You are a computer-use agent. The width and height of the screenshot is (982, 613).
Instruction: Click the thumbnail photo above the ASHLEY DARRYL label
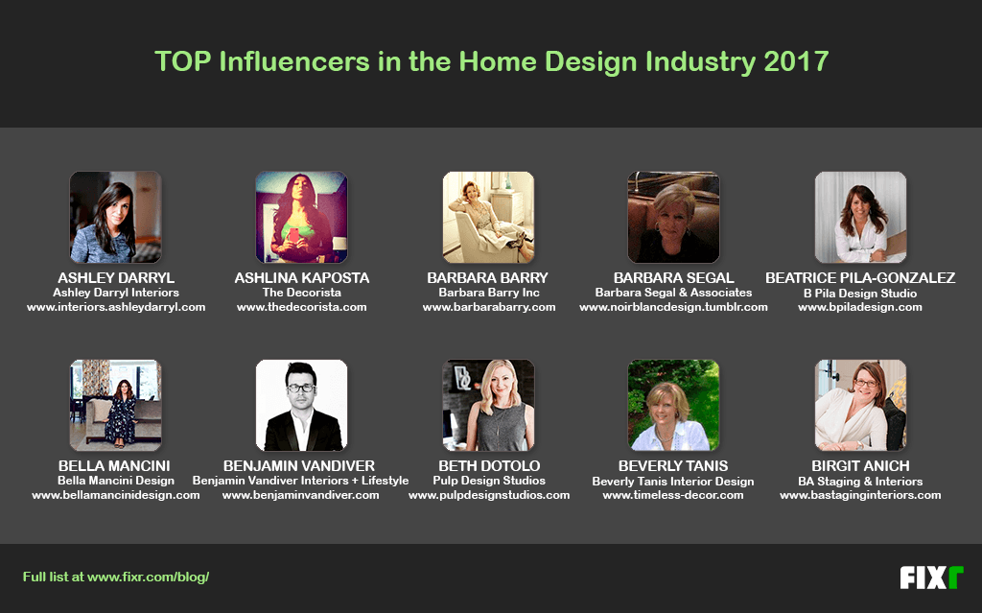coord(115,217)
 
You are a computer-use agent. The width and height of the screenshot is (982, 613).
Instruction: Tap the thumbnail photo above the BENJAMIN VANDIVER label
coord(301,405)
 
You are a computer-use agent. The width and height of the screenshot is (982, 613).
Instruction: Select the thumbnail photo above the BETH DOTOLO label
coord(488,405)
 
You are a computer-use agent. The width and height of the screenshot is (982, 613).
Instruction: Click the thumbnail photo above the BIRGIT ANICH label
coord(860,405)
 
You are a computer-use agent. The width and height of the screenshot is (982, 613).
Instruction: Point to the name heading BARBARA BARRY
coord(488,278)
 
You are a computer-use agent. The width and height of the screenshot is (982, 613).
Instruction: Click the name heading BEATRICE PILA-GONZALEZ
coord(860,278)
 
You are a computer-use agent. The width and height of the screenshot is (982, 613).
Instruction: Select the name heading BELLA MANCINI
coord(115,466)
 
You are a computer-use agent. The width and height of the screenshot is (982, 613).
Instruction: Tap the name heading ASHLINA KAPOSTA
coord(301,278)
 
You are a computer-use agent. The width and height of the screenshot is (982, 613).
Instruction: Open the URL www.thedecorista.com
coord(301,307)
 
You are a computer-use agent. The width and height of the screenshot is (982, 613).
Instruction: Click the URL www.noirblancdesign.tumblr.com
coord(673,307)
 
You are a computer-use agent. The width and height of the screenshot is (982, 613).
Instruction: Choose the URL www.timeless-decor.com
coord(673,495)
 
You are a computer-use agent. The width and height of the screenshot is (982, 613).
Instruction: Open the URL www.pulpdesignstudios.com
coord(488,495)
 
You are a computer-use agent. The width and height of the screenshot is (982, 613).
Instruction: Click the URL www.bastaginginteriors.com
coord(860,495)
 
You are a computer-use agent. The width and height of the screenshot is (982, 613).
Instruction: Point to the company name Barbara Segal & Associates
coord(673,293)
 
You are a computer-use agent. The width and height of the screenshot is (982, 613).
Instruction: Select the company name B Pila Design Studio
coord(860,293)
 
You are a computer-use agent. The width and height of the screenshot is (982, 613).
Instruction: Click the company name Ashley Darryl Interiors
coord(115,293)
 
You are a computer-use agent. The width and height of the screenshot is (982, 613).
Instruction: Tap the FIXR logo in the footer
coord(931,578)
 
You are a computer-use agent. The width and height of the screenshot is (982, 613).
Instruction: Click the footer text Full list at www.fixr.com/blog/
coord(116,578)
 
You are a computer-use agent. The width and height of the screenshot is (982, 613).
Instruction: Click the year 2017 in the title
coord(796,61)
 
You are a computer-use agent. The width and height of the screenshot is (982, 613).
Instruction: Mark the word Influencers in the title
coord(285,61)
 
